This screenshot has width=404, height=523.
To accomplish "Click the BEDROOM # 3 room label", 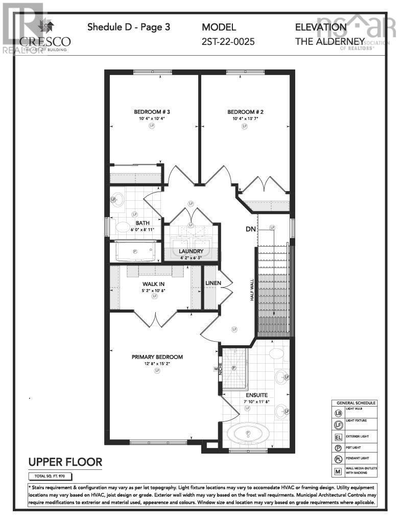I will tap(152, 112).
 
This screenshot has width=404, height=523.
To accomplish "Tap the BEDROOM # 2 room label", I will tap(245, 112).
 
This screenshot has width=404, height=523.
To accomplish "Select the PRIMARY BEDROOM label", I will tap(157, 357).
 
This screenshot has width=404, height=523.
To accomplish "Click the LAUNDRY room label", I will tap(191, 251).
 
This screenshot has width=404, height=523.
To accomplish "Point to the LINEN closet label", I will tap(212, 283).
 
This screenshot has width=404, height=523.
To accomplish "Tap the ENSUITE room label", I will tap(256, 395).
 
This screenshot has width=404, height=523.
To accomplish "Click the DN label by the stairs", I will tap(250, 229).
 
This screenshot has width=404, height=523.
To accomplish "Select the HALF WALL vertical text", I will tap(252, 290).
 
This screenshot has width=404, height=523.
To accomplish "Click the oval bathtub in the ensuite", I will tap(248, 435).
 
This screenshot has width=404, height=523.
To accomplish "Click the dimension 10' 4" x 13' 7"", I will tap(245, 118).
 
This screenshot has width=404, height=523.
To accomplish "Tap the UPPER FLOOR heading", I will tap(65, 462).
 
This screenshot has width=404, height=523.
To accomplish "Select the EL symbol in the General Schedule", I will tap(338, 437).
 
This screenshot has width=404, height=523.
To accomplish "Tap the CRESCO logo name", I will tap(45, 41).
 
